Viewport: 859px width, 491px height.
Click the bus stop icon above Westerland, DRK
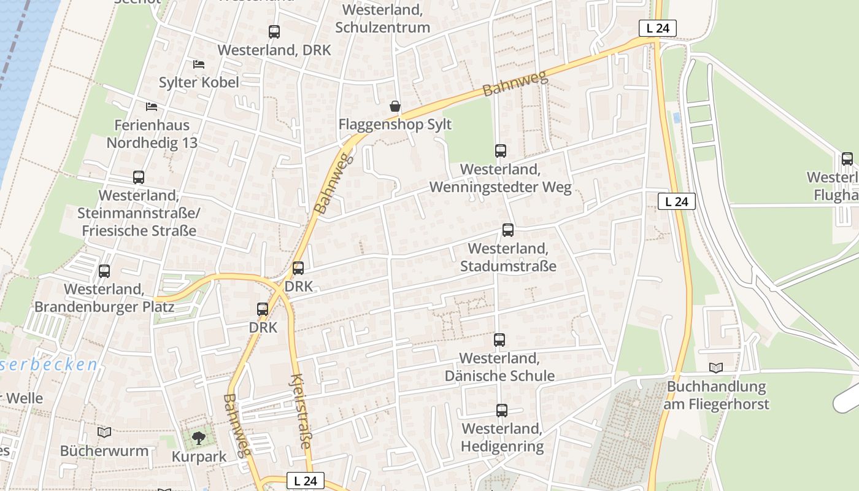coord(274,32)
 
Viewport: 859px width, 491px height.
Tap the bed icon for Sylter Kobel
coord(199,64)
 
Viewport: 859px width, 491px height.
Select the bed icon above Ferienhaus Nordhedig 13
coord(152,106)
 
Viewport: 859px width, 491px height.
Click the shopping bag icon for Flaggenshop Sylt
coord(395,106)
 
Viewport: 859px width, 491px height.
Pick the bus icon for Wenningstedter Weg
coord(501,150)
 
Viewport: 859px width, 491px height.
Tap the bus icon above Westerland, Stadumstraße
coord(508,230)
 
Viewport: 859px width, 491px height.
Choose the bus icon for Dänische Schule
coord(499,339)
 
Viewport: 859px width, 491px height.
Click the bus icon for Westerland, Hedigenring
coord(502,411)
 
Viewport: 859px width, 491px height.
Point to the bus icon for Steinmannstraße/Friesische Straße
coord(139,177)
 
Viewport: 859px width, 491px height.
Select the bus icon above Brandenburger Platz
coord(104,271)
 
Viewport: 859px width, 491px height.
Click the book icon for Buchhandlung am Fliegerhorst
coord(716,368)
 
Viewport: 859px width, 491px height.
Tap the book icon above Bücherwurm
coord(104,432)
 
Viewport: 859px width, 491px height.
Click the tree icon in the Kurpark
coord(198,438)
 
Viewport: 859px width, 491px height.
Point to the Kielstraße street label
coord(301,411)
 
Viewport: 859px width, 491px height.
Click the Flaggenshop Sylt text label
coord(395,125)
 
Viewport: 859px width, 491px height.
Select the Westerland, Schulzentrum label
coord(382,19)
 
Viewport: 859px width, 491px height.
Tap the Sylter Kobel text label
coord(199,82)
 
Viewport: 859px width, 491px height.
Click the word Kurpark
coord(199,457)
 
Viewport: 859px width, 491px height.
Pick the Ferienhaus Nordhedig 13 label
coord(152,134)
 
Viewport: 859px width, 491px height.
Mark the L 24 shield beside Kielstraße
coord(305,481)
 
